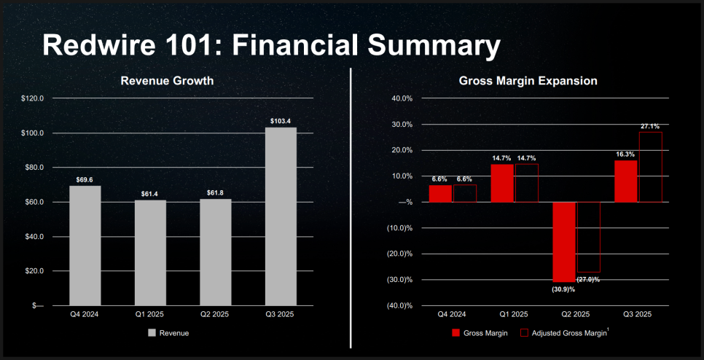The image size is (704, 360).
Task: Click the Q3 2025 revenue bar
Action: pyautogui.click(x=281, y=216)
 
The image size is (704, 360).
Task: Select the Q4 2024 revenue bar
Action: pyautogui.click(x=85, y=246)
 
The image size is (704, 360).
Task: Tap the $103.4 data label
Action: pyautogui.click(x=281, y=121)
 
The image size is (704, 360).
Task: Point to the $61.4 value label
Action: pyautogui.click(x=150, y=193)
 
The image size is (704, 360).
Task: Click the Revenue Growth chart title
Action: pyautogui.click(x=167, y=81)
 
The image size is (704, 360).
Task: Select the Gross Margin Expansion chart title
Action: pyautogui.click(x=528, y=81)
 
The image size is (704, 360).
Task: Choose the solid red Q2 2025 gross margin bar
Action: pyautogui.click(x=564, y=242)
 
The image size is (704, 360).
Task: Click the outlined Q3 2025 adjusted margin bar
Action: pyautogui.click(x=651, y=167)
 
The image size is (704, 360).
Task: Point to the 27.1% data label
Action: pyautogui.click(x=651, y=126)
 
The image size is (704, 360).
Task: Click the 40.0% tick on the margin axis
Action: pyautogui.click(x=403, y=98)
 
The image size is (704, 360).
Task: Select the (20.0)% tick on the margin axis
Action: pyautogui.click(x=399, y=254)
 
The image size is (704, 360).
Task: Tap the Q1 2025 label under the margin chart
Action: pyautogui.click(x=514, y=314)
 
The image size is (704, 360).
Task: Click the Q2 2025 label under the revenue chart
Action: pyautogui.click(x=215, y=314)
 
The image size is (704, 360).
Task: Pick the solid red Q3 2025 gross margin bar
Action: pyautogui.click(x=626, y=181)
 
